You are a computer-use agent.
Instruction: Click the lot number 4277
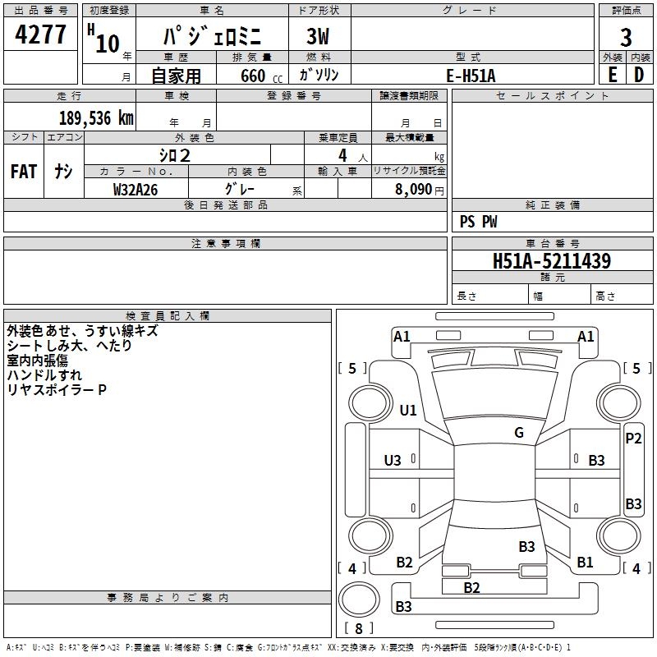[x=40, y=34]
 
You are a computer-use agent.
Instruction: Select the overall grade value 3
[x=626, y=38]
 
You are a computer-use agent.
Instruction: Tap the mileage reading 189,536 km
[x=96, y=118]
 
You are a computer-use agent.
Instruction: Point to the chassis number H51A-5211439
[x=552, y=261]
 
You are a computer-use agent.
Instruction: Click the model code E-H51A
[x=471, y=76]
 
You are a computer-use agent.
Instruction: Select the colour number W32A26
[x=136, y=190]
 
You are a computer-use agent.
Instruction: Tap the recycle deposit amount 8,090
[x=414, y=190]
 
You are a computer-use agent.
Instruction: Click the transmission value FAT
[x=24, y=172]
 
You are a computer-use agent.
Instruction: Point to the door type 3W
[x=318, y=36]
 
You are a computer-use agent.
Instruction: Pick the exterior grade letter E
[x=613, y=75]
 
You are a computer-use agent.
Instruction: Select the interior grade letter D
[x=639, y=75]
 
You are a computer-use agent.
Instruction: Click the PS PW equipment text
[x=478, y=222]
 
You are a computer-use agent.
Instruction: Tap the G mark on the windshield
[x=519, y=433]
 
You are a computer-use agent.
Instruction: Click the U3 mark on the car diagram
[x=393, y=461]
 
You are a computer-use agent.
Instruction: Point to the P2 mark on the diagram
[x=633, y=439]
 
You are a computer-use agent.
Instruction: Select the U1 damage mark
[x=408, y=410]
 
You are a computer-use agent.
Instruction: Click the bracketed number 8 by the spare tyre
[x=359, y=628]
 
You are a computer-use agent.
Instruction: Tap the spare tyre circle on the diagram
[x=359, y=600]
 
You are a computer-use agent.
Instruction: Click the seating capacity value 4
[x=342, y=155]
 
